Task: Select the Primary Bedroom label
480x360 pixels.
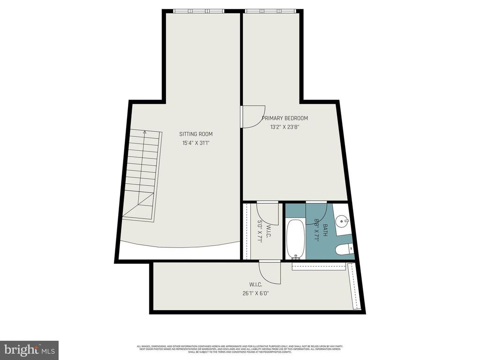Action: pos(285,118)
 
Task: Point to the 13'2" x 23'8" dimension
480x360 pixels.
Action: pos(285,127)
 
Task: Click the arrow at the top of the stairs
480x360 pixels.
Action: pos(145,133)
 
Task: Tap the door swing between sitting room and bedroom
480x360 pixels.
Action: pos(252,117)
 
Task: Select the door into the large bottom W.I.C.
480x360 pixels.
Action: pos(270,272)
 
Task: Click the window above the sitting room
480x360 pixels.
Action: pos(198,11)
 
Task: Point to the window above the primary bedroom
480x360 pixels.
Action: pos(270,11)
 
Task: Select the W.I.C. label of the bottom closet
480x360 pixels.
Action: pos(255,285)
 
